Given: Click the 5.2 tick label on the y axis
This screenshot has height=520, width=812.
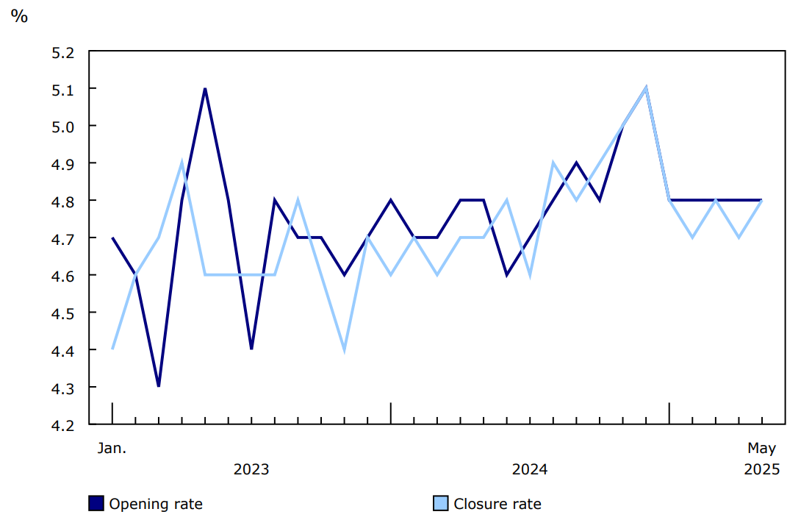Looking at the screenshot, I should [x=64, y=52].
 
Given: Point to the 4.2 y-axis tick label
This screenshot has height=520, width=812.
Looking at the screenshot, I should [x=64, y=425].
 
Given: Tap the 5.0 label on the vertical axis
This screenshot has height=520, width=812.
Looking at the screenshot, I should [x=64, y=127].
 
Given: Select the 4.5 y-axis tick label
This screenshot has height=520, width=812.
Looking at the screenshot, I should [x=64, y=313].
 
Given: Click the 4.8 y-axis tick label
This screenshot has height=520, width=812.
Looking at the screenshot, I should [x=64, y=202].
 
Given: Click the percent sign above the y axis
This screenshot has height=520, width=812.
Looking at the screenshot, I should [x=19, y=16].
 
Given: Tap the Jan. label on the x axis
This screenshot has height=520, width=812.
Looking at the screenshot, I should [x=112, y=448].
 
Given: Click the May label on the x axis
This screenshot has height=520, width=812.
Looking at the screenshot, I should [x=761, y=448].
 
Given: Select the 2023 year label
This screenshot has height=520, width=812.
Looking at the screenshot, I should [x=251, y=469].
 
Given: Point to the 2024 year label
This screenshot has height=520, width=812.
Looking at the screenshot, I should [x=530, y=469].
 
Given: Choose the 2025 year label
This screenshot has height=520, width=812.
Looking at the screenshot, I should [x=761, y=469].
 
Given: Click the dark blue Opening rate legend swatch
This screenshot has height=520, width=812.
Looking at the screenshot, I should [x=96, y=503].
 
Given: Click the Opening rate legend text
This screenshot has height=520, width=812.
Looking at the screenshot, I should [x=156, y=504].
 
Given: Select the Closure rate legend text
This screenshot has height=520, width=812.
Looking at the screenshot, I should [x=497, y=504].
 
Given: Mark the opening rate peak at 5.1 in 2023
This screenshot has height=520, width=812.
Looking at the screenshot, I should [x=205, y=89].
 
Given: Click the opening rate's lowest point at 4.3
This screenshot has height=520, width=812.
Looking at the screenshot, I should [x=159, y=386].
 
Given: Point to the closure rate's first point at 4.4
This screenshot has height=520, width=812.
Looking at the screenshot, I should [x=112, y=349].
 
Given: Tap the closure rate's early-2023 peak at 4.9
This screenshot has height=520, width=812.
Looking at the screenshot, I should [x=182, y=163].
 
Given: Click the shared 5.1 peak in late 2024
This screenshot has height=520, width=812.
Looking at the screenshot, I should [x=646, y=89].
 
